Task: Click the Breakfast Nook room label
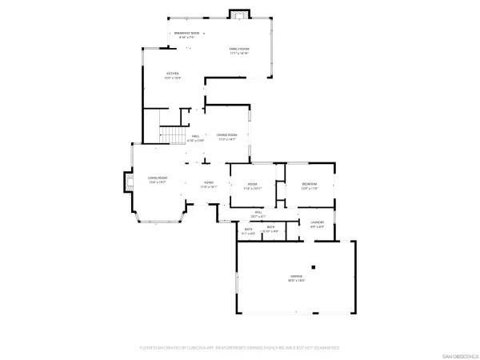(x=187, y=34)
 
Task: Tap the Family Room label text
(x=239, y=49)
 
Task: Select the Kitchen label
(x=173, y=74)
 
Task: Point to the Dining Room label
(x=227, y=135)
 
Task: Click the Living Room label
(x=157, y=178)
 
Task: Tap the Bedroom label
(x=310, y=184)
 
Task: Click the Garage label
(x=296, y=276)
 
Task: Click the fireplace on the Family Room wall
(x=238, y=14)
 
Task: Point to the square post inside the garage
(x=314, y=267)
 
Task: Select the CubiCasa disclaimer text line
(x=239, y=348)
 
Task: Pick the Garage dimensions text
(x=296, y=281)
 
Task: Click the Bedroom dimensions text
(x=310, y=189)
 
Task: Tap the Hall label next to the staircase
(x=195, y=136)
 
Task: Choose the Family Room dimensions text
(x=239, y=54)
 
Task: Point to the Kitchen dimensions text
(x=173, y=78)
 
